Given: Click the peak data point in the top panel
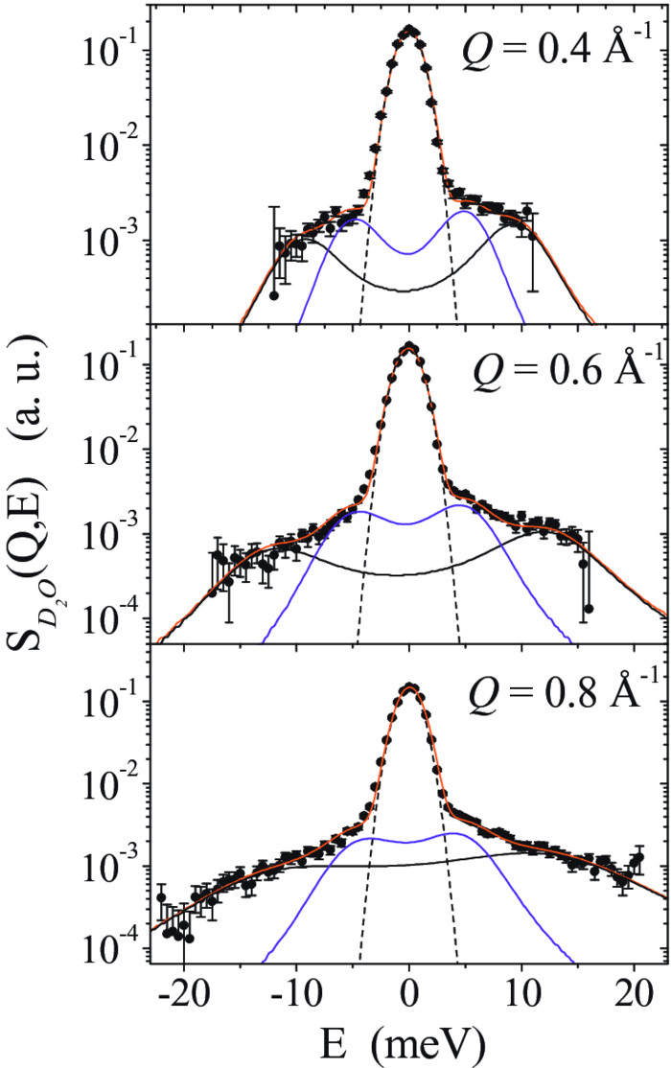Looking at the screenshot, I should pyautogui.click(x=410, y=30).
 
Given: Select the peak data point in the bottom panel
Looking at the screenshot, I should pyautogui.click(x=410, y=686).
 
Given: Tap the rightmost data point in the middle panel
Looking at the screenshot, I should pyautogui.click(x=589, y=608).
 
